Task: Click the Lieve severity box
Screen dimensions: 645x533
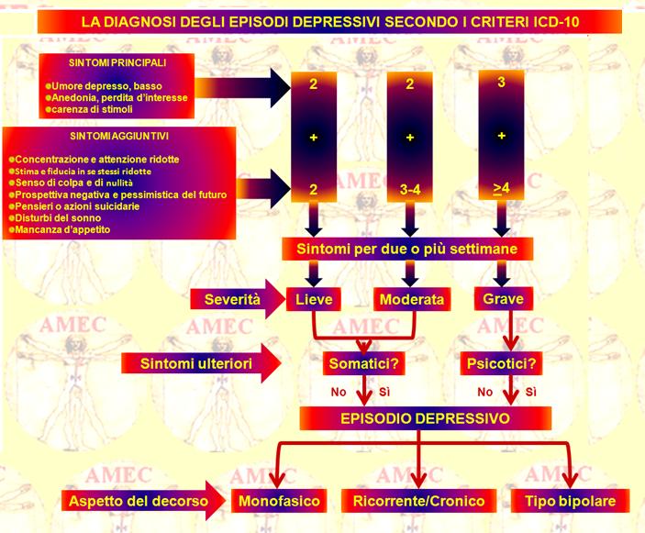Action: (x=314, y=299)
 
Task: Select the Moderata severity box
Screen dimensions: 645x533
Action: (x=412, y=299)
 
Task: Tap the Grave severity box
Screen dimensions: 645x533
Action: (x=503, y=298)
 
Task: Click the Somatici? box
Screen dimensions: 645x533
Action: (x=364, y=363)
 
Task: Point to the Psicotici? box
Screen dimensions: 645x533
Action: (x=502, y=363)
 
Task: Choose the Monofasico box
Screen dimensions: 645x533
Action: (x=279, y=501)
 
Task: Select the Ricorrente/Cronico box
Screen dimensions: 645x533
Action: (x=418, y=501)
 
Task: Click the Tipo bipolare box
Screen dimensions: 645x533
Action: (x=570, y=501)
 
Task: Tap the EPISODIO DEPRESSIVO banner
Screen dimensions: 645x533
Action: (x=426, y=418)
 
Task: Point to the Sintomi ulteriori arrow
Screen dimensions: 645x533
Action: (x=201, y=363)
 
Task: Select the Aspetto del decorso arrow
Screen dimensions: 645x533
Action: (x=143, y=501)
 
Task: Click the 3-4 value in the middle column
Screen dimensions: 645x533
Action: (x=410, y=190)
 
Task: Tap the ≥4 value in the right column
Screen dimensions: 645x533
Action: (x=502, y=188)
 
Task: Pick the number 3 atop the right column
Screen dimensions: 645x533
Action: (x=501, y=83)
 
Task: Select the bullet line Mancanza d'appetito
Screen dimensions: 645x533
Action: (x=60, y=229)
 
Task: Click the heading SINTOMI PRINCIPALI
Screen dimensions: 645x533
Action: (x=117, y=63)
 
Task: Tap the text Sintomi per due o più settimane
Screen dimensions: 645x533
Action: (x=406, y=249)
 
